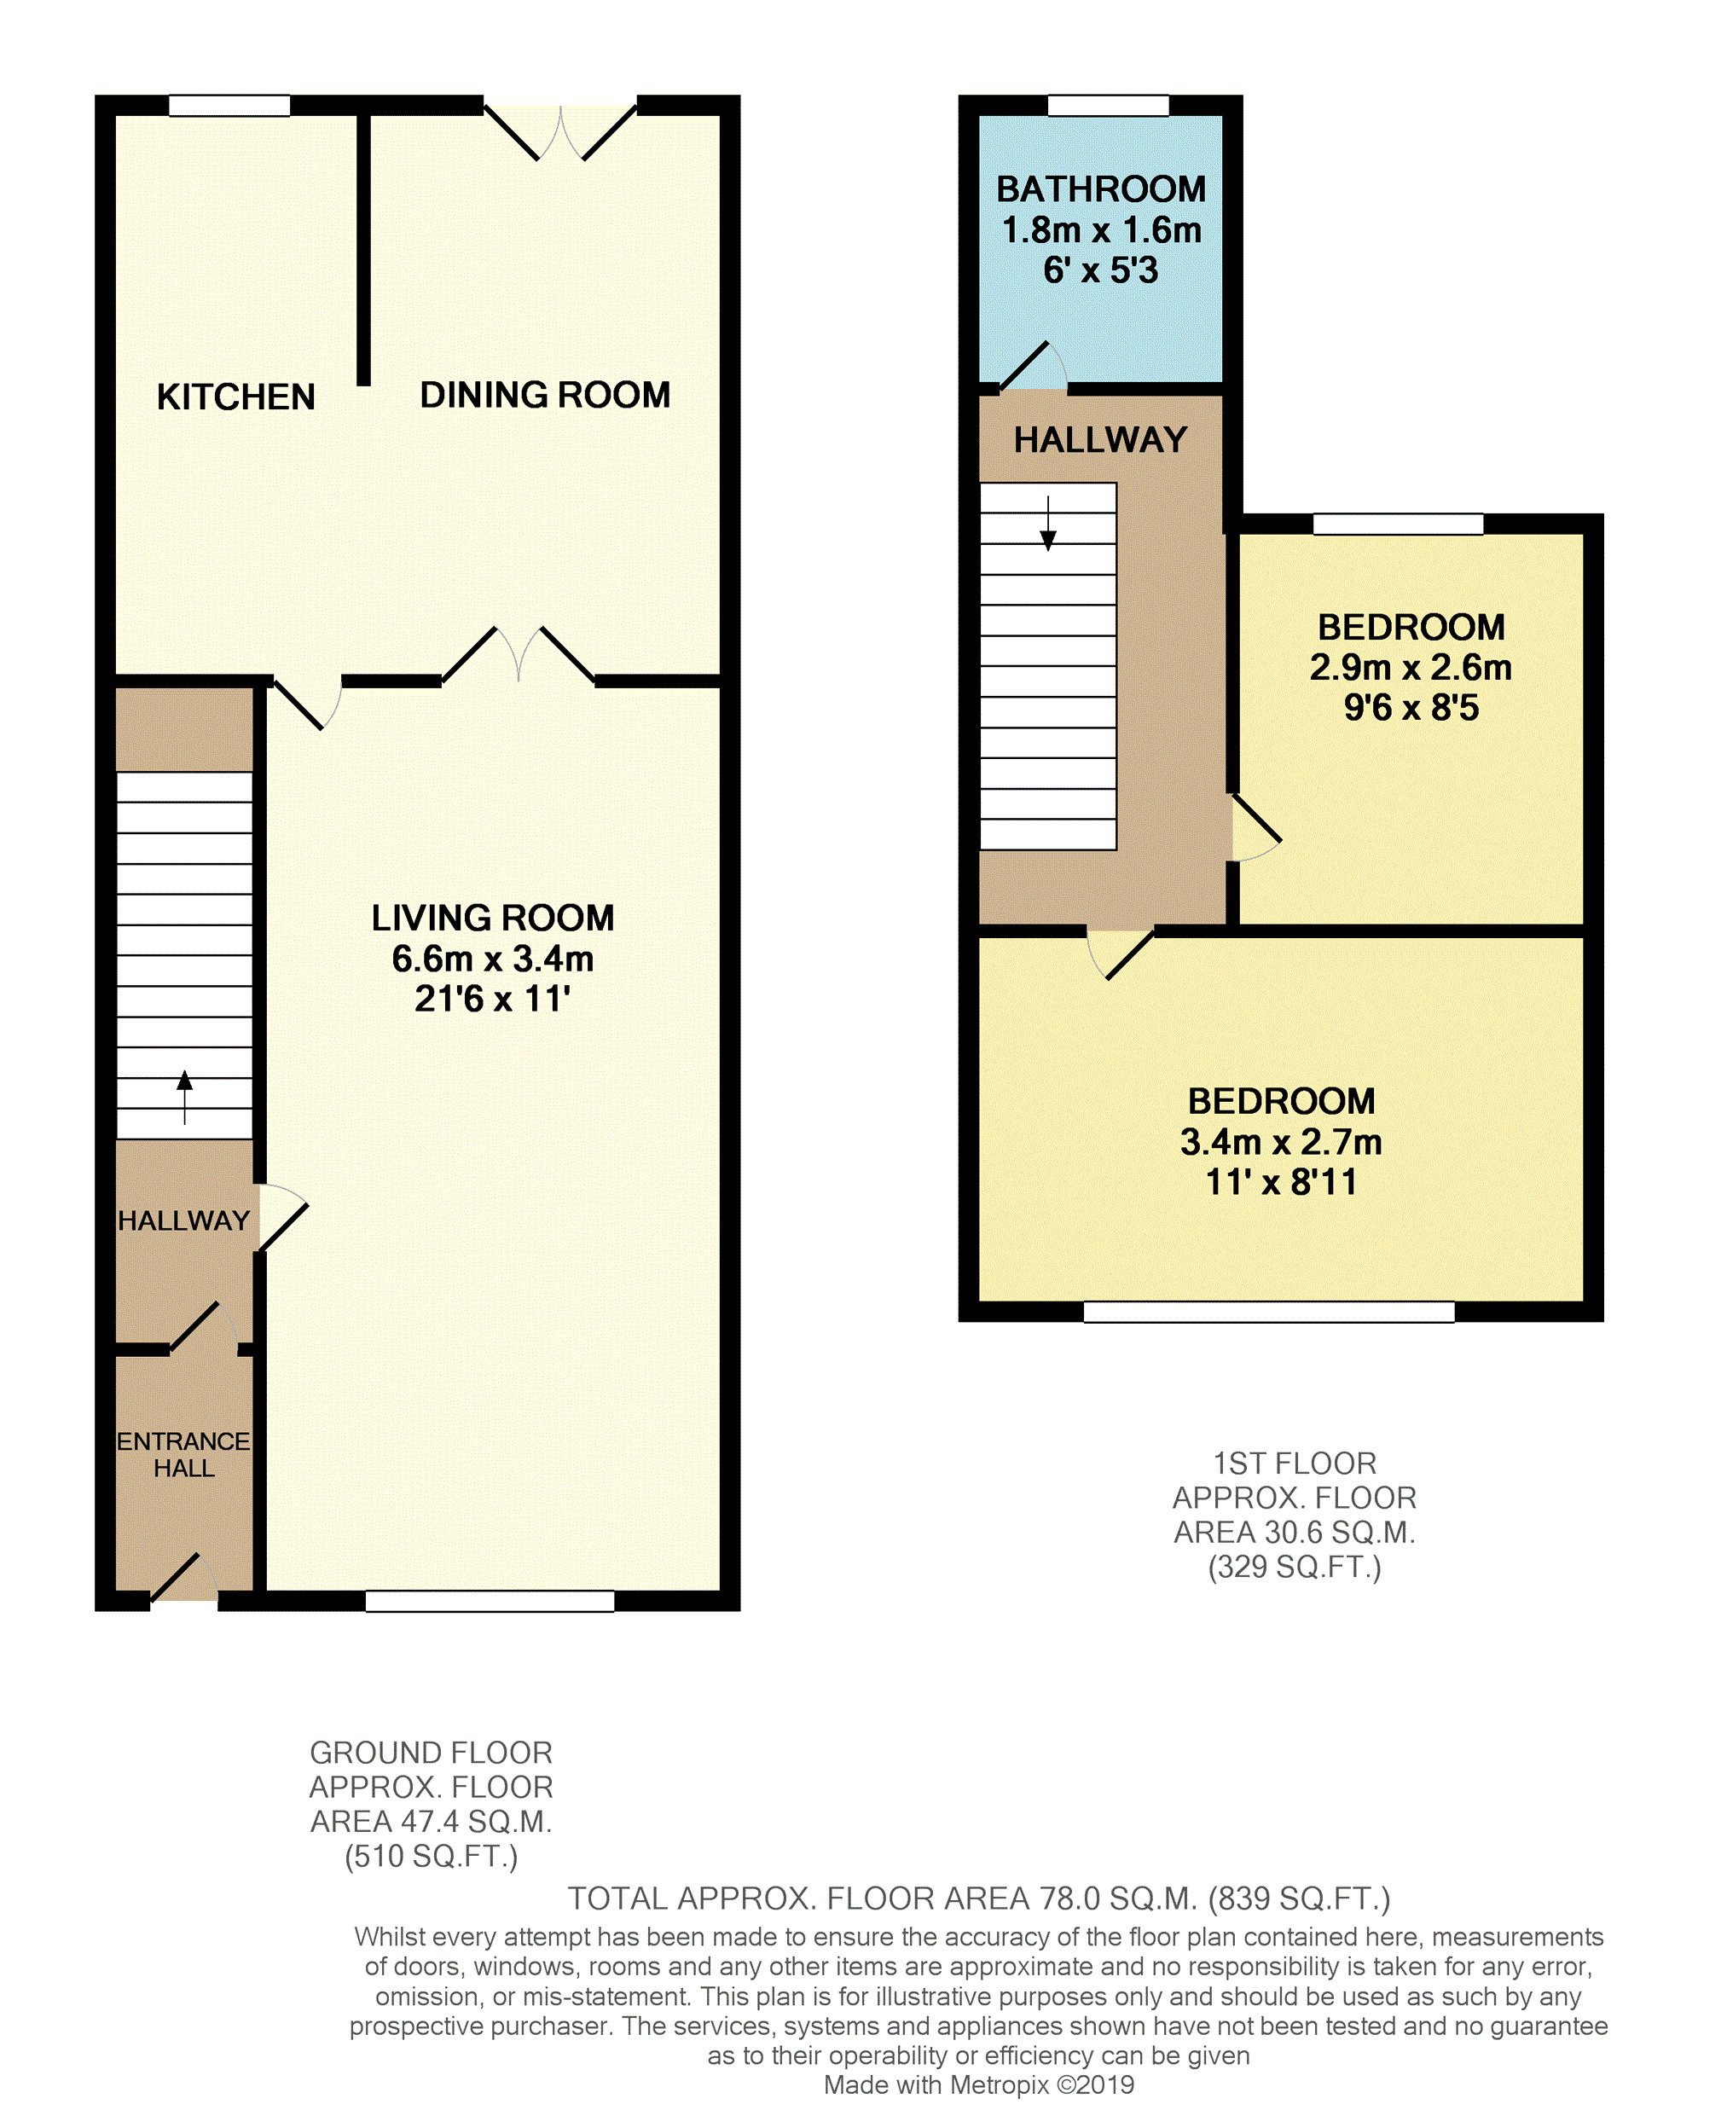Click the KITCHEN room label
tap(235, 397)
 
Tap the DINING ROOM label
tap(544, 395)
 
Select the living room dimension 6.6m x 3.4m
tap(492, 958)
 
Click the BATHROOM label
tap(1100, 189)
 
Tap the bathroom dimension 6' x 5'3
tap(1100, 270)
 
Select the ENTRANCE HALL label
tap(183, 1453)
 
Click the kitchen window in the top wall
tap(229, 106)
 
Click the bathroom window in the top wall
tap(1108, 106)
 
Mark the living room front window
tap(490, 1601)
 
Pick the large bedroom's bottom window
tap(1268, 1311)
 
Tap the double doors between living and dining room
tap(519, 657)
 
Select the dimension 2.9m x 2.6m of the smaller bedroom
tap(1410, 667)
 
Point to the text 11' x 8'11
tap(1280, 1182)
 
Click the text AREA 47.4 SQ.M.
tap(431, 1822)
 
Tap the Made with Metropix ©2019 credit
tap(978, 2084)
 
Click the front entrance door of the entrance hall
tap(184, 1580)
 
